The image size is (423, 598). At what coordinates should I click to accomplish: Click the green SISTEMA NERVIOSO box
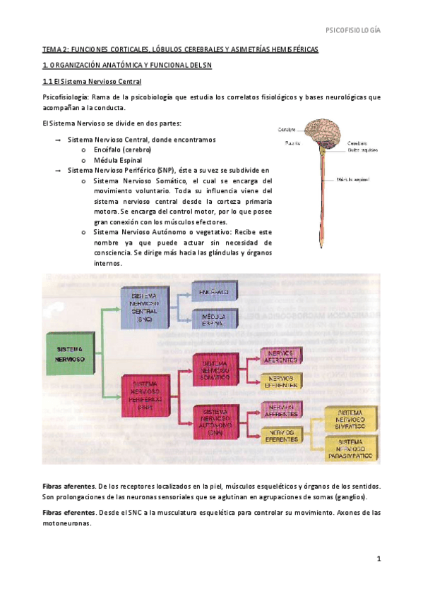[x=71, y=353]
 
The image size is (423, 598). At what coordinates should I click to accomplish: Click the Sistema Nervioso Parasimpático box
[x=350, y=448]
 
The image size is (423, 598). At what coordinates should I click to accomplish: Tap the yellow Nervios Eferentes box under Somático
[x=281, y=382]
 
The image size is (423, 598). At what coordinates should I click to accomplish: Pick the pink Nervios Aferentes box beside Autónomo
[x=281, y=409]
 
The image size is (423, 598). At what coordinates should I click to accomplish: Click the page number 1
[x=379, y=559]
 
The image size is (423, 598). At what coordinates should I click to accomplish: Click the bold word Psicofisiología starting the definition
[x=65, y=97]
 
